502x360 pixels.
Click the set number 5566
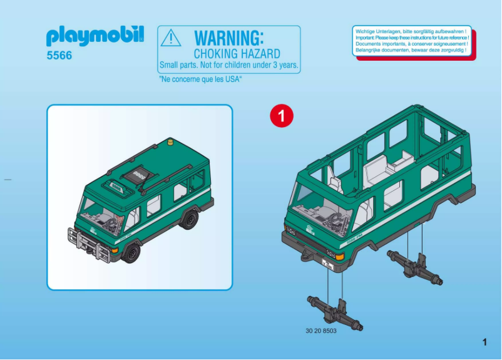(59, 55)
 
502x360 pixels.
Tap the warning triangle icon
(170, 39)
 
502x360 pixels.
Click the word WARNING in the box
(229, 38)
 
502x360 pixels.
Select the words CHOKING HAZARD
(237, 54)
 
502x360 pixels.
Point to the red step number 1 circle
(281, 116)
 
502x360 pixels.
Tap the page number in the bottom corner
(484, 342)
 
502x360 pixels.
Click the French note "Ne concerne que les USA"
(200, 80)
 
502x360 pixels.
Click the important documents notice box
(412, 41)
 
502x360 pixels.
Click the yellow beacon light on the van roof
(170, 145)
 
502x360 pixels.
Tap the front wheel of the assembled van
(131, 252)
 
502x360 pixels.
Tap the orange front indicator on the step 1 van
(340, 257)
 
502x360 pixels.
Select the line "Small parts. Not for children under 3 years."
(229, 65)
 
